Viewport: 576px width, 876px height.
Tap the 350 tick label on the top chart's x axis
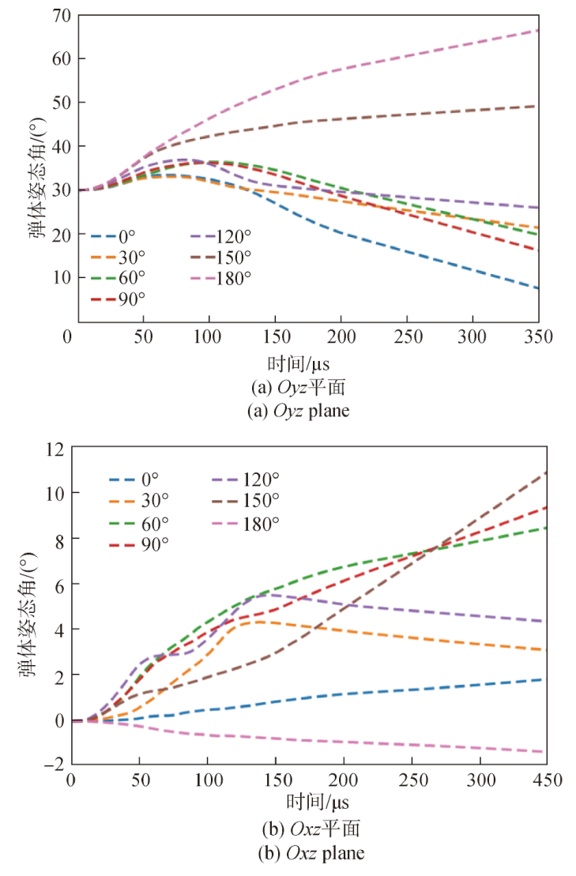click(538, 336)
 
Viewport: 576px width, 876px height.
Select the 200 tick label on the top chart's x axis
click(341, 336)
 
